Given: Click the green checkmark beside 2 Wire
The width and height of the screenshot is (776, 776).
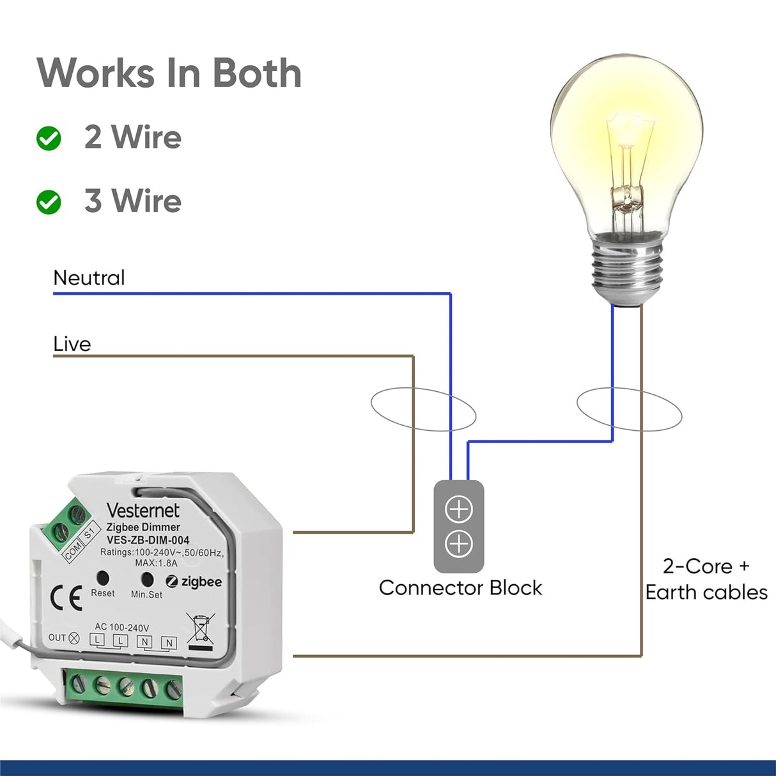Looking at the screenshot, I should point(49,138).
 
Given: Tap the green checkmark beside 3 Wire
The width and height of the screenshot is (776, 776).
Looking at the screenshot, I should point(49,202).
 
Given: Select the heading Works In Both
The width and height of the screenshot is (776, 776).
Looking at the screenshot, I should point(169,73).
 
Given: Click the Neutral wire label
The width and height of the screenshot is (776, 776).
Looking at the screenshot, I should point(89,278).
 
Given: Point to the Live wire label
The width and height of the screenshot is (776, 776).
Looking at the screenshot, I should point(72,344).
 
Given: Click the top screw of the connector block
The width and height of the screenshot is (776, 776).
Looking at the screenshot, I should point(458,510).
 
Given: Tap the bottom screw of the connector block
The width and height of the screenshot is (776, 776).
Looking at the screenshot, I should point(458,544).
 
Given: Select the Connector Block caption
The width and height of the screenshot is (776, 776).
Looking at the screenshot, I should point(460,587).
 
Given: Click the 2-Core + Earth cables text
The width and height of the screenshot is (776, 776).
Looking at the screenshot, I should point(706,579).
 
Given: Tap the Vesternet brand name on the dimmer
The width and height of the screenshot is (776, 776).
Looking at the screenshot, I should point(143,510).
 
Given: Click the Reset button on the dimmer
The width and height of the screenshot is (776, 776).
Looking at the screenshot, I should point(102,578).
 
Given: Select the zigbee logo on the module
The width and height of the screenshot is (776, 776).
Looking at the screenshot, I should point(194,582).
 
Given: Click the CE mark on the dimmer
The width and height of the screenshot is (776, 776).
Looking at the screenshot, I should point(66,598).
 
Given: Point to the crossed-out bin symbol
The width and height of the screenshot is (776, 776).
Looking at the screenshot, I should point(200,630).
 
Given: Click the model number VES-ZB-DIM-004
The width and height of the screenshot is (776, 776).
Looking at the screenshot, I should point(148,540).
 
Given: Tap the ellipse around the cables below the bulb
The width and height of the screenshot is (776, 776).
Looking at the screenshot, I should point(629,409).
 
